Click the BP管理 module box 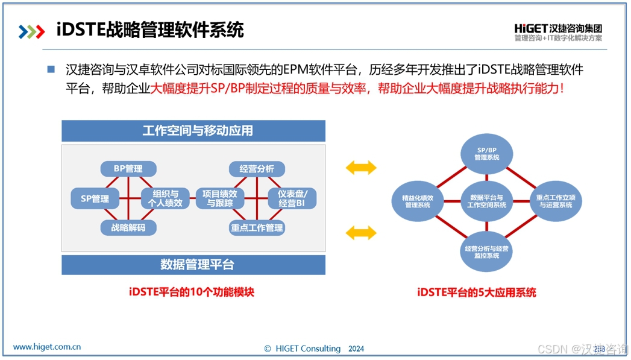[128, 169]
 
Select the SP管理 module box [95, 198]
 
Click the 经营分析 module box [256, 169]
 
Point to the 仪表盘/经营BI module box [292, 198]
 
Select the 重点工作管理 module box [257, 227]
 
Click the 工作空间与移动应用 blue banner [193, 131]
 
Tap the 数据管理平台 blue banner [193, 265]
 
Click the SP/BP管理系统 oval [486, 154]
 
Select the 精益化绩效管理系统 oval [418, 201]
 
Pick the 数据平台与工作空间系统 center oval [486, 201]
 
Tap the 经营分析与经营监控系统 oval [486, 251]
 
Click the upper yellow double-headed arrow [361, 168]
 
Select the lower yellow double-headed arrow [361, 232]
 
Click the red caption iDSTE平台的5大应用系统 [476, 292]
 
